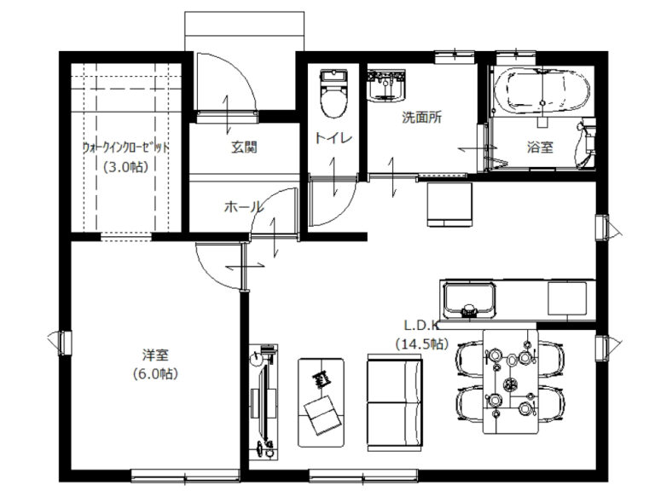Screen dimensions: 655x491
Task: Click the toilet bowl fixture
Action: [x=333, y=94]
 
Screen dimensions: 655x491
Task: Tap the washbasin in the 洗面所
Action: [x=386, y=85]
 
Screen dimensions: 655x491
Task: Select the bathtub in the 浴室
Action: [x=542, y=91]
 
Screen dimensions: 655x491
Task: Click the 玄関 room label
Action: [x=244, y=147]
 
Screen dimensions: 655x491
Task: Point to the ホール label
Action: [x=244, y=206]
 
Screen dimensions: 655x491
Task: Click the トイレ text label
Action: [x=333, y=138]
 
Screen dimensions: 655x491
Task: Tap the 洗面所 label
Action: [x=422, y=118]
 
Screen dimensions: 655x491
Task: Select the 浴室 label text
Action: [x=540, y=147]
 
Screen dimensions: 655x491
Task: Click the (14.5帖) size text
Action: [x=422, y=344]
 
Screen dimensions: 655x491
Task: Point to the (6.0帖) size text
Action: [x=155, y=373]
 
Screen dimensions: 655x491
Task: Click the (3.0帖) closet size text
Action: [x=125, y=167]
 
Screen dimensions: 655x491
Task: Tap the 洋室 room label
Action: [x=155, y=355]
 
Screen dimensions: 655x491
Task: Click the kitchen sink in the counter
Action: [x=470, y=300]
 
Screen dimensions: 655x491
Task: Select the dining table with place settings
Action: [x=511, y=382]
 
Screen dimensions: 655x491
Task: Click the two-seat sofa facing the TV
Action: [x=395, y=402]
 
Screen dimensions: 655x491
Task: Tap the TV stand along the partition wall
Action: [x=264, y=402]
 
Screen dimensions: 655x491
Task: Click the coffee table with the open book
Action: [x=322, y=402]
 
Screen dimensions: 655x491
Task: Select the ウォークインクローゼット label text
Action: [x=125, y=147]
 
